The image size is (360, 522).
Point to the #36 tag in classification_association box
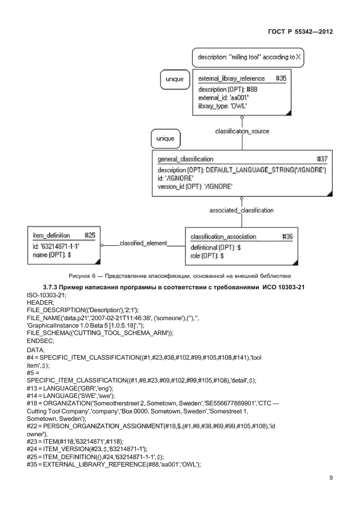(x=287, y=236)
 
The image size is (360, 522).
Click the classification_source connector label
(x=242, y=131)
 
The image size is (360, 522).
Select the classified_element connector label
(x=143, y=244)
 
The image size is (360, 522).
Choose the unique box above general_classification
(x=166, y=138)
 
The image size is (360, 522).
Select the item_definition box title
(x=51, y=235)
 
